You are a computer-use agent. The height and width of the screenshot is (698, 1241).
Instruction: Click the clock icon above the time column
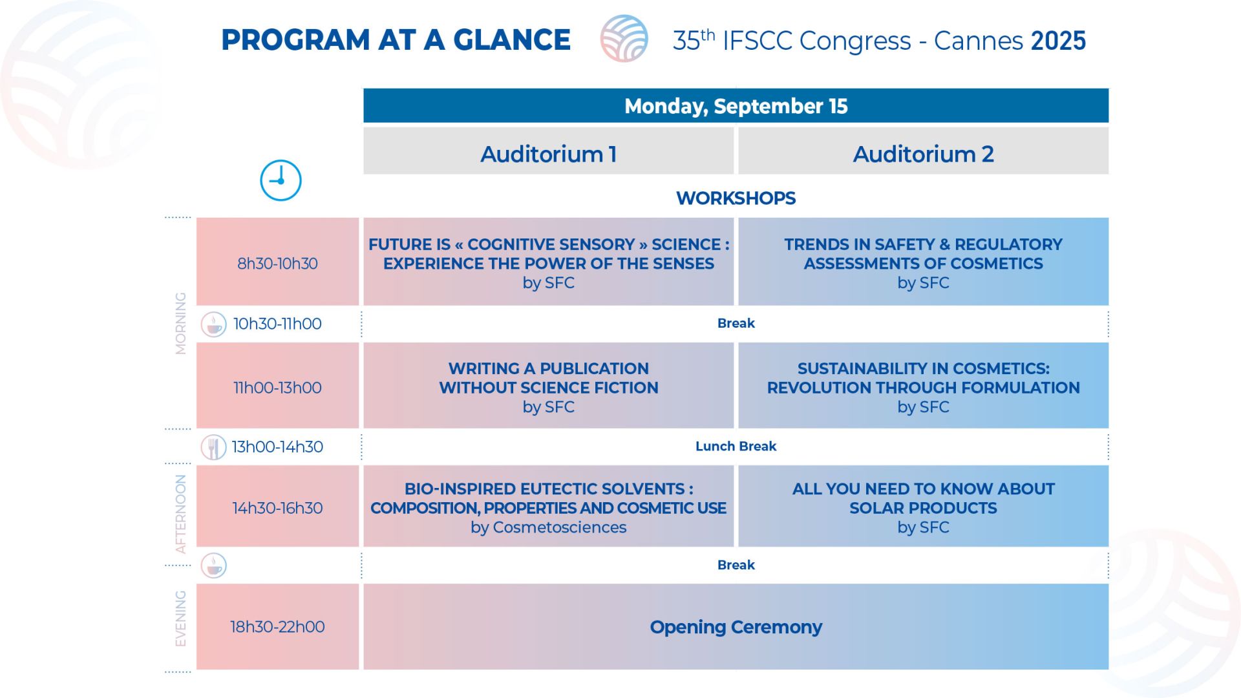tap(281, 180)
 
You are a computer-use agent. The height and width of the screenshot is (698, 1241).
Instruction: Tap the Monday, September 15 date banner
tap(736, 105)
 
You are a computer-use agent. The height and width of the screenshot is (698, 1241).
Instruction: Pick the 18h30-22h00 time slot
tap(277, 626)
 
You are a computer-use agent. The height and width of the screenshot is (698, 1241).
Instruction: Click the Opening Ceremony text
tap(736, 627)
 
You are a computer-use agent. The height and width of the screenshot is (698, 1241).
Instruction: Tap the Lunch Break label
tap(736, 446)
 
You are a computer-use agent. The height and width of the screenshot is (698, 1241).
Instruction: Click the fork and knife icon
tap(213, 447)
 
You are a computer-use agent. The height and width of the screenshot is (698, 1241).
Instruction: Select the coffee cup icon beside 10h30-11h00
tap(213, 324)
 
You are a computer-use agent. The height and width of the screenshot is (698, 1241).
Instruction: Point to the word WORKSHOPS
tap(736, 198)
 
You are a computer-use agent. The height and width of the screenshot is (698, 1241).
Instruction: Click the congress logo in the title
tap(624, 39)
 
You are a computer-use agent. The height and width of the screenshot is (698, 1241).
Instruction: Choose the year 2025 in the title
tap(1058, 41)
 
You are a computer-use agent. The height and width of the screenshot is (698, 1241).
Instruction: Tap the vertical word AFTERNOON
tap(181, 514)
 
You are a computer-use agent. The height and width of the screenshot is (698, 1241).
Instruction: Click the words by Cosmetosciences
tap(548, 527)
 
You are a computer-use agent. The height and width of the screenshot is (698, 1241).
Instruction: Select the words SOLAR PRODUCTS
tap(923, 508)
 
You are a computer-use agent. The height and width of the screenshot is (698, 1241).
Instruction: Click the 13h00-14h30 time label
tap(277, 447)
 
